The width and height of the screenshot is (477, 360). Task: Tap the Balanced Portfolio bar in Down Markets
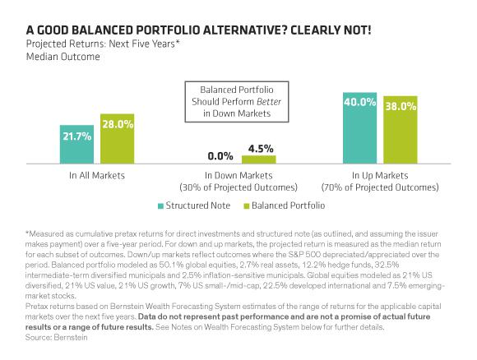pos(258,159)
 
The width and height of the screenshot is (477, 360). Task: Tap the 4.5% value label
pos(258,148)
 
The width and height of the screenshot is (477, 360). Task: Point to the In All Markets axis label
pos(94,175)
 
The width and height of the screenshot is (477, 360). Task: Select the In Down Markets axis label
pos(238,175)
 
